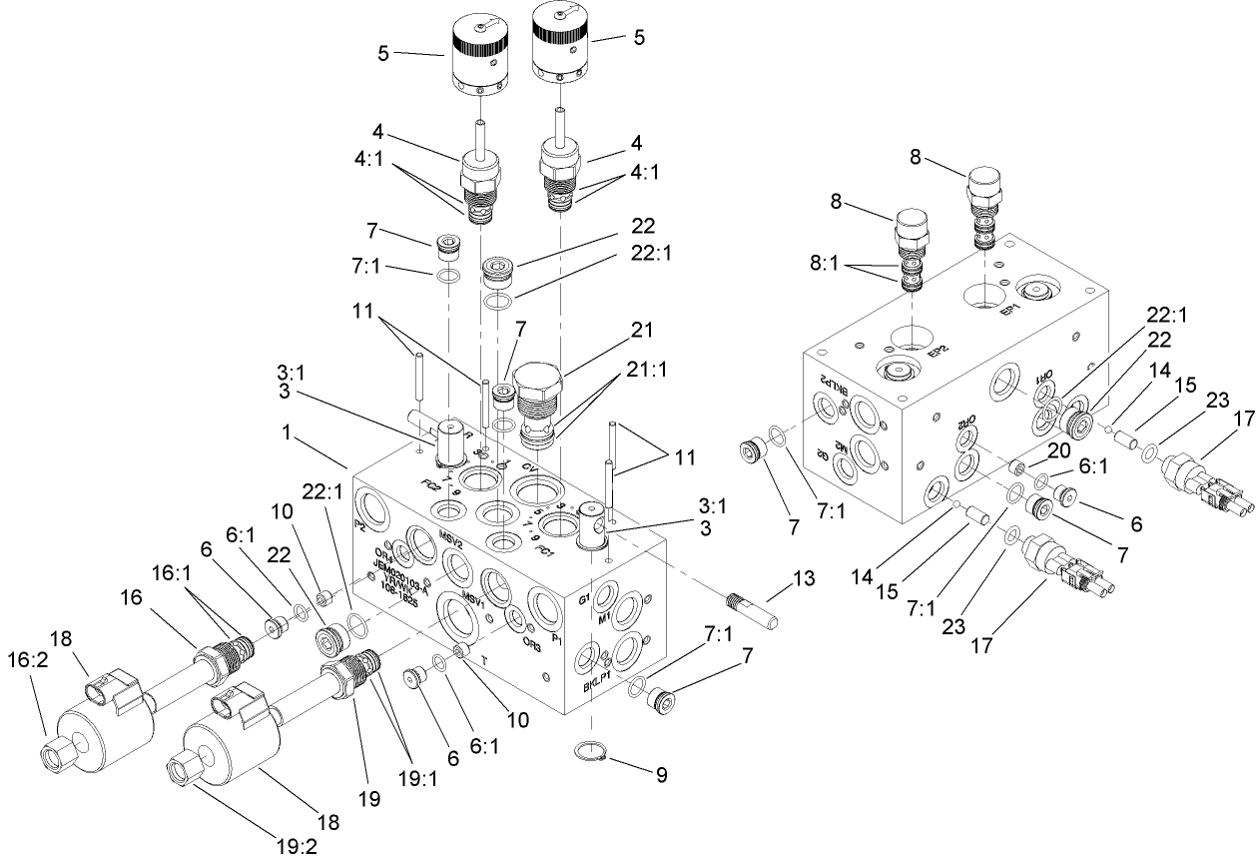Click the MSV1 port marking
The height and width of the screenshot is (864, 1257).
[473, 601]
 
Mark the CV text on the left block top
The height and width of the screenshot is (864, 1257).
[531, 467]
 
